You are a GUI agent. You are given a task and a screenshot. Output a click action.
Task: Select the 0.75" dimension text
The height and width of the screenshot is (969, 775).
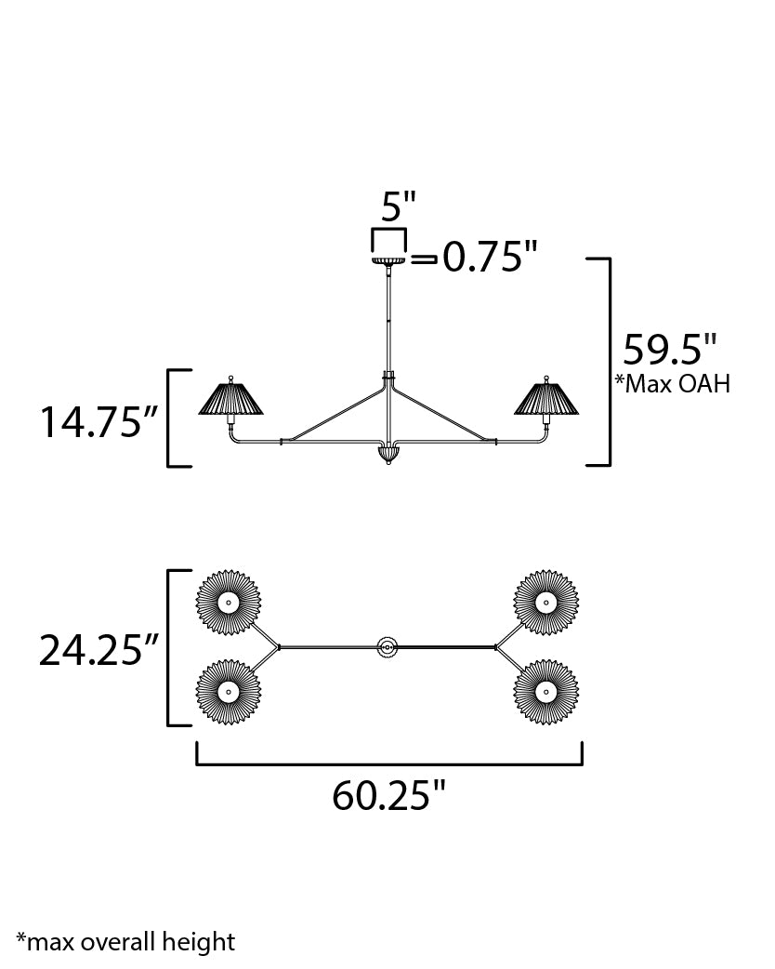tap(489, 258)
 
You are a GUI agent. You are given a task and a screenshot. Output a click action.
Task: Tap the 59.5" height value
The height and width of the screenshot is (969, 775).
tap(669, 351)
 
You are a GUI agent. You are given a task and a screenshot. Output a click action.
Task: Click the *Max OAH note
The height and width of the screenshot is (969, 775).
tap(672, 384)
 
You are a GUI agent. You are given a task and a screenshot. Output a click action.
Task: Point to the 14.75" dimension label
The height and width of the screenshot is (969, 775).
tap(95, 421)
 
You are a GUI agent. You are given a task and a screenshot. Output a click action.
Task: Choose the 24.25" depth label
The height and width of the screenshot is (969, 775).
tap(95, 650)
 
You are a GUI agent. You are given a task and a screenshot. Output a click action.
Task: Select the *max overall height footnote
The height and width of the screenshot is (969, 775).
tap(125, 942)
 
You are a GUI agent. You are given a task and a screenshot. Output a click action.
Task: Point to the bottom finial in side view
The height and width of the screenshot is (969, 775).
tap(389, 455)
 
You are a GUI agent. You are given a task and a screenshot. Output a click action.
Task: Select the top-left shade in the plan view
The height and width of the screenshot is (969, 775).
tap(229, 603)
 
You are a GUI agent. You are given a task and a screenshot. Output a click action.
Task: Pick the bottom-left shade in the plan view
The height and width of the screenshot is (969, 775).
tap(229, 691)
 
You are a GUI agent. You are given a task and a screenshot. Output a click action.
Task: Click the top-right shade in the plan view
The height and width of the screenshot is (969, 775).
tap(546, 603)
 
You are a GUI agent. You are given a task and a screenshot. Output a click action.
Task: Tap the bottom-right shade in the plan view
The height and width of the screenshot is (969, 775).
tap(546, 691)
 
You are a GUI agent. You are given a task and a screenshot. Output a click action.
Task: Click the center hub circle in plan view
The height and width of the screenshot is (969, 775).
tap(387, 646)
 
